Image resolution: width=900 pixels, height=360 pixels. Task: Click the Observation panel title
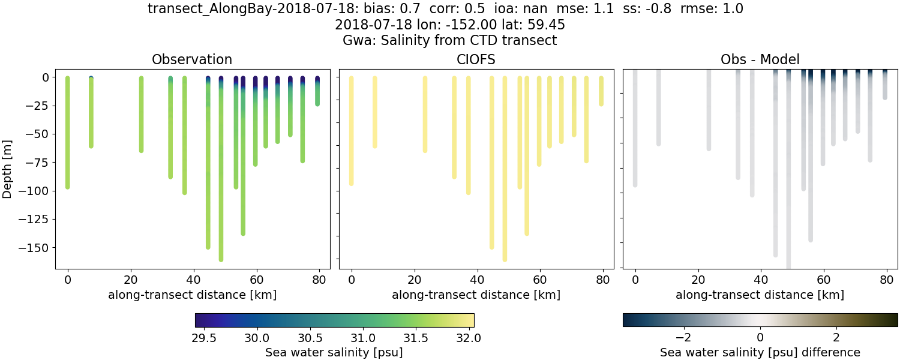pos(192,59)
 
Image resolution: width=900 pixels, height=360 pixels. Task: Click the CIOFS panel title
pos(476,59)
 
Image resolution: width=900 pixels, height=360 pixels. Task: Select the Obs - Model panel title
pos(760,59)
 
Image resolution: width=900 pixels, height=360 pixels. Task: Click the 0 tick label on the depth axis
pos(46,77)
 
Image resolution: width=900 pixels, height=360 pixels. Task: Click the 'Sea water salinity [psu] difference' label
pos(760,352)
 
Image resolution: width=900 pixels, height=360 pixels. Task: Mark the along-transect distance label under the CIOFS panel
pos(476,295)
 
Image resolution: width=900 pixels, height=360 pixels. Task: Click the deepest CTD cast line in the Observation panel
pos(221,180)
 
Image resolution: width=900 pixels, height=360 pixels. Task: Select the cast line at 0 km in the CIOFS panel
pos(351,132)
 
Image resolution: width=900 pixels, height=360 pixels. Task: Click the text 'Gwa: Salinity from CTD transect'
pos(449,41)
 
